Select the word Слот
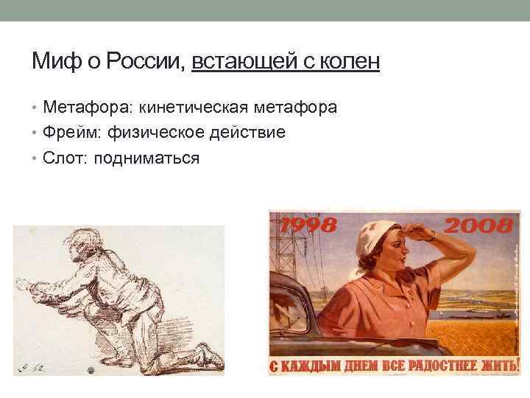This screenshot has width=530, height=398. click(x=63, y=158)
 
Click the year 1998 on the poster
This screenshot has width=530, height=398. click(x=306, y=225)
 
